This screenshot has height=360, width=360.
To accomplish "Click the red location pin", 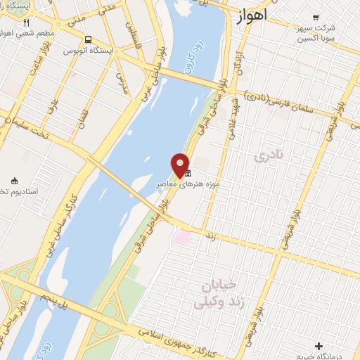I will (180, 164).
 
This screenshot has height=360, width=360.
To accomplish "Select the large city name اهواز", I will (253, 15).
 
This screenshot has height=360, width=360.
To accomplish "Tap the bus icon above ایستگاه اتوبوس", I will (88, 40).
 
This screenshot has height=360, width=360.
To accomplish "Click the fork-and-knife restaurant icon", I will (27, 22).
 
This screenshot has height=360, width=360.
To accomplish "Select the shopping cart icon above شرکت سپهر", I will (315, 17).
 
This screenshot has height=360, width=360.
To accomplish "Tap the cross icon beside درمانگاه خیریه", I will (319, 346).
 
